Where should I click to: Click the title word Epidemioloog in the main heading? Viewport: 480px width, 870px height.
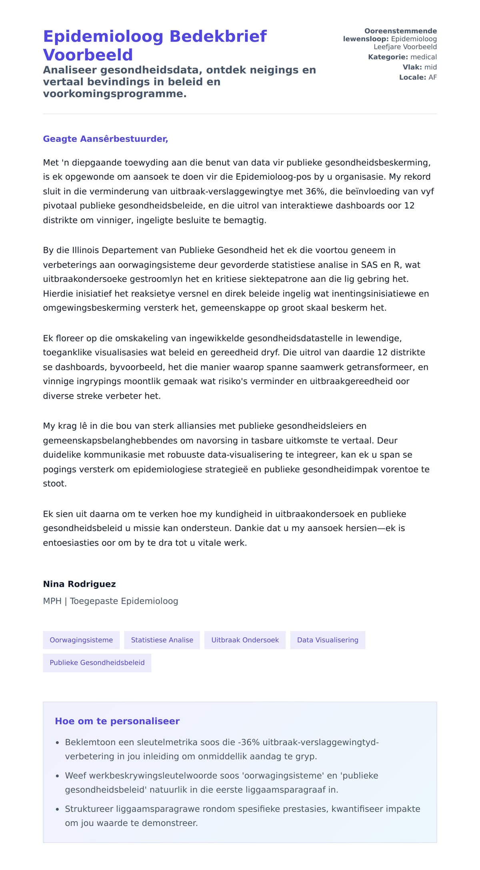pyautogui.click(x=103, y=36)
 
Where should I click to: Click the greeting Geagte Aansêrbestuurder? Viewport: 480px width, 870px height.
pyautogui.click(x=105, y=139)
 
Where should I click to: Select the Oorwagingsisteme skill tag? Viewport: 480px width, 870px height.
pyautogui.click(x=81, y=640)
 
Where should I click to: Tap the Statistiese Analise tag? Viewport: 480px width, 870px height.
pyautogui.click(x=162, y=640)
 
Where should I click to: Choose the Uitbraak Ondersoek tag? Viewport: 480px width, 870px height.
pyautogui.click(x=245, y=640)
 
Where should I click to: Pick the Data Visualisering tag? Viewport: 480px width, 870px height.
pyautogui.click(x=328, y=640)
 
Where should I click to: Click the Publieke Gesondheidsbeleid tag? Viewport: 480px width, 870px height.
pyautogui.click(x=97, y=662)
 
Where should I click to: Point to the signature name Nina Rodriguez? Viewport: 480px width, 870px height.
pyautogui.click(x=79, y=584)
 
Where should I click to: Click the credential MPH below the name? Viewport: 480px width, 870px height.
pyautogui.click(x=52, y=601)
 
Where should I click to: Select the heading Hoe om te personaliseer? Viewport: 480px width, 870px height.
pyautogui.click(x=117, y=721)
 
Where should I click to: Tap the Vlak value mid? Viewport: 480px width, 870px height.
pyautogui.click(x=430, y=67)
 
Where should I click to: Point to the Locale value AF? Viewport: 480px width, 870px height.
pyautogui.click(x=432, y=77)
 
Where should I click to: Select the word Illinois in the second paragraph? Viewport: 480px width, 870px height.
pyautogui.click(x=86, y=250)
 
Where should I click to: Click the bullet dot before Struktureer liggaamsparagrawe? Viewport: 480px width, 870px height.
pyautogui.click(x=57, y=809)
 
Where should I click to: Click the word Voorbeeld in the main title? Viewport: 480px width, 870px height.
pyautogui.click(x=88, y=55)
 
